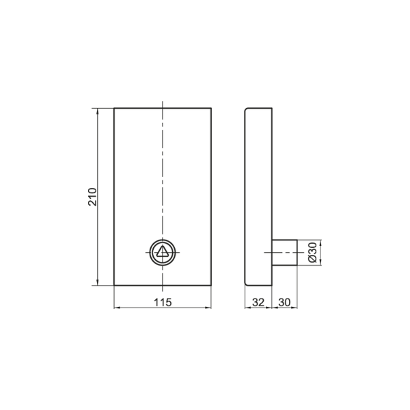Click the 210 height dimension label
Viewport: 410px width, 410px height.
pos(92,197)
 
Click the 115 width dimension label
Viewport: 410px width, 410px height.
pos(163,302)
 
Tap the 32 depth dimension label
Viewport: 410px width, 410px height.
pos(258,302)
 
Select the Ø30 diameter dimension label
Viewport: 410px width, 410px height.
pos(312,252)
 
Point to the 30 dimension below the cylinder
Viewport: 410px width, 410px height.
pos(284,302)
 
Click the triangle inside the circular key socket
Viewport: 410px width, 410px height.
pos(163,251)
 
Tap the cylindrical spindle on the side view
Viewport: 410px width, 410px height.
pos(284,252)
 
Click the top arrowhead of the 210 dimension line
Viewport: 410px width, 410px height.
pos(98,111)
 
